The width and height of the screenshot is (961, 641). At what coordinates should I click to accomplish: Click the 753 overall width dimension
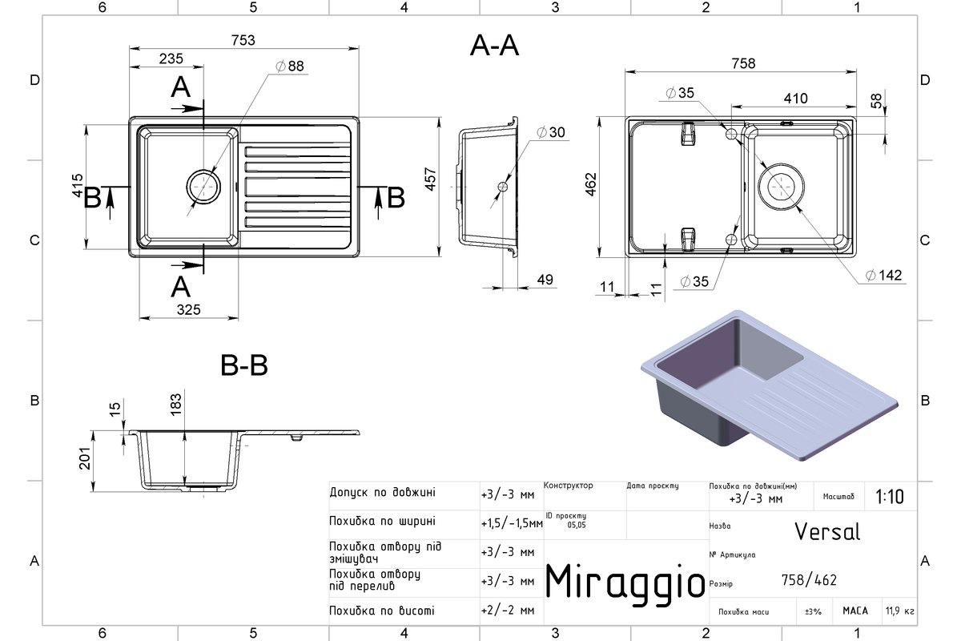[x=243, y=40]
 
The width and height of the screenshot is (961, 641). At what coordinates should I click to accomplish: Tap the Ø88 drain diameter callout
[x=290, y=67]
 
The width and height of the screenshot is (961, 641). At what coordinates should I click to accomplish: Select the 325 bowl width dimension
[x=188, y=309]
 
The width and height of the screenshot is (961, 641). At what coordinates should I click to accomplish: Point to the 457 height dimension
[x=430, y=179]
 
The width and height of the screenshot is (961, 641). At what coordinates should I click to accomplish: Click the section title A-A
[x=494, y=46]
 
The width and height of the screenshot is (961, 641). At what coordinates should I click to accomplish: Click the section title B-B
[x=244, y=365]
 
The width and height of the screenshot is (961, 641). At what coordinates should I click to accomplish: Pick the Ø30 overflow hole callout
[x=551, y=132]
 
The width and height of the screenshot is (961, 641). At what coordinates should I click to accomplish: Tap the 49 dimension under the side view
[x=545, y=280]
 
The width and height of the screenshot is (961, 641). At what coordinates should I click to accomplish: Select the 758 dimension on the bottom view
[x=743, y=63]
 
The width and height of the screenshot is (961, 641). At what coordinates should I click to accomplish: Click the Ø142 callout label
[x=884, y=275]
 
